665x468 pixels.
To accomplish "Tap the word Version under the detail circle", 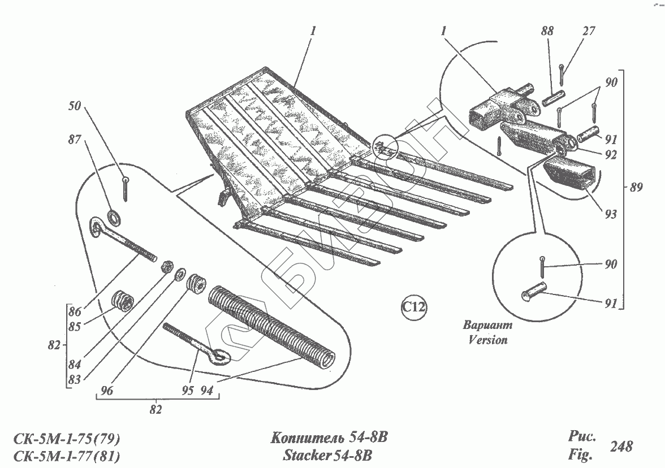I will coord(487,340).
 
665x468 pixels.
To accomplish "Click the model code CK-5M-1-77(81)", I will coord(67,455).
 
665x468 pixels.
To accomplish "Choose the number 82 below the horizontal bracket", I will coord(156,409).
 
